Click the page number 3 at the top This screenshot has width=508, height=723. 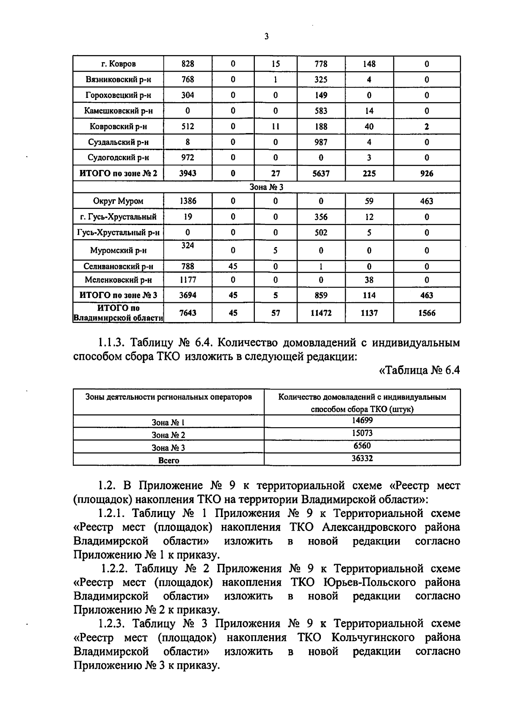266,37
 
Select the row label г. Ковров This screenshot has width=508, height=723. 118,64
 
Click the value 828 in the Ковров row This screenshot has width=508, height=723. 188,64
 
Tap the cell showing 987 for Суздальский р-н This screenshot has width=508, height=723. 321,142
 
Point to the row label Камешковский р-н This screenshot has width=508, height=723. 118,111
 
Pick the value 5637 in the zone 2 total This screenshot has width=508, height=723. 321,173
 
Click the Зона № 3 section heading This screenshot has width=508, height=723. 266,187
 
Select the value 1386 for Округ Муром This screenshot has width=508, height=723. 188,201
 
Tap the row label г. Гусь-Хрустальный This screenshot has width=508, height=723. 118,217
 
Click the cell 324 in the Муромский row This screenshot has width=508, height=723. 188,245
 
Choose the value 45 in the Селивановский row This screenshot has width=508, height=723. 233,266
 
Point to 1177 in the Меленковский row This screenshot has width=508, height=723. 188,280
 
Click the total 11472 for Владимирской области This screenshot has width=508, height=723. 321,313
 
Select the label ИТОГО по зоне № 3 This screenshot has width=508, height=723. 118,295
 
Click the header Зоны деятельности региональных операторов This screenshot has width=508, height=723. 168,397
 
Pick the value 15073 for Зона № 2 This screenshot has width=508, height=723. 362,433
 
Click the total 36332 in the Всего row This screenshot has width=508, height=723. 362,458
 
